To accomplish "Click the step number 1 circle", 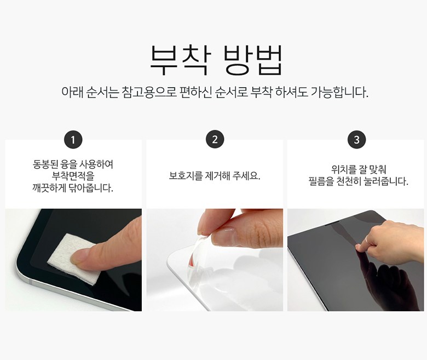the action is click(x=73, y=140).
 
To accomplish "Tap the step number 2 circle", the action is click(x=215, y=140).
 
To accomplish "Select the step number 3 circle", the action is click(x=357, y=140).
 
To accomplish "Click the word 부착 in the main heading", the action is click(x=181, y=60).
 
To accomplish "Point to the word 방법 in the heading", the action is click(x=253, y=60).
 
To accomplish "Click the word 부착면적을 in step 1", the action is click(x=73, y=176).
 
